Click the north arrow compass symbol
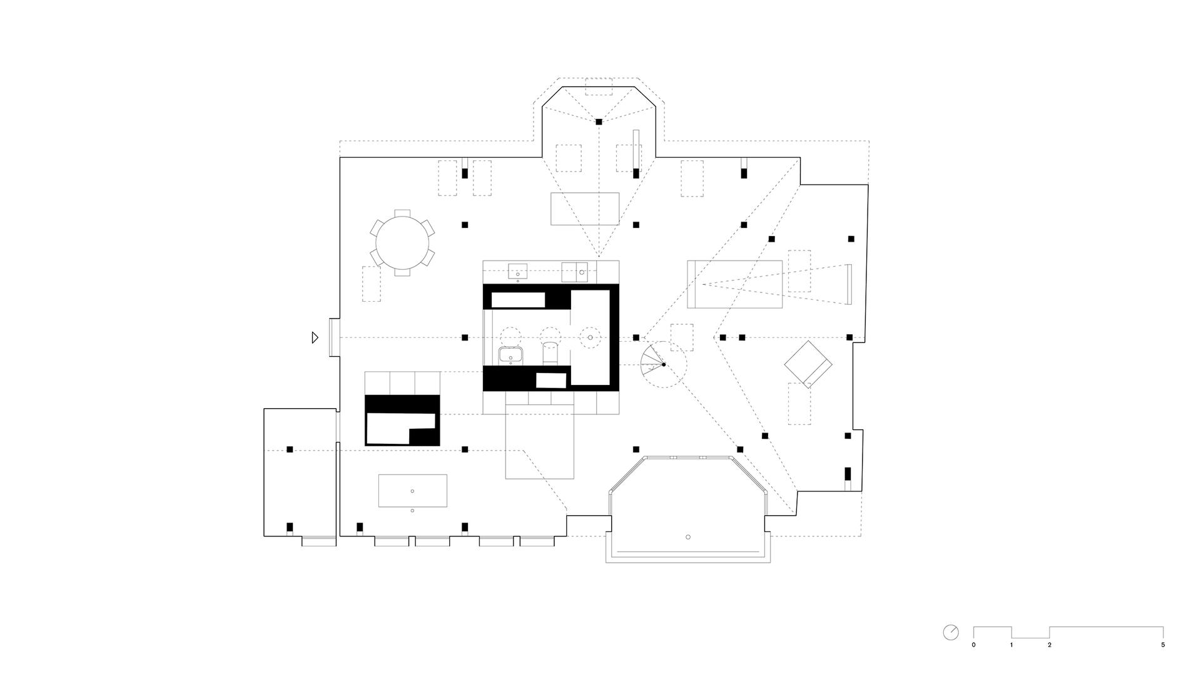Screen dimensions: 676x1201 pyautogui.click(x=950, y=632)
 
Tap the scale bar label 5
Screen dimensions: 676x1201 pyautogui.click(x=1163, y=645)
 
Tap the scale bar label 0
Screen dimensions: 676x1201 pyautogui.click(x=973, y=645)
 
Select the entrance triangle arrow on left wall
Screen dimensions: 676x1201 pyautogui.click(x=315, y=337)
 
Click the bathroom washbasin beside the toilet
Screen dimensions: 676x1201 pyautogui.click(x=511, y=356)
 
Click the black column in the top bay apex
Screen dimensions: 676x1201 pyautogui.click(x=599, y=121)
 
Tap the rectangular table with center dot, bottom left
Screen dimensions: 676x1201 pyautogui.click(x=412, y=491)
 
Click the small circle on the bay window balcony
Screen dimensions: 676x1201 pyautogui.click(x=688, y=537)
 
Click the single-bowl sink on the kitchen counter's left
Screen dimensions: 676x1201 pyautogui.click(x=517, y=272)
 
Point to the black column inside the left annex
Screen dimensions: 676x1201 pyautogui.click(x=290, y=449)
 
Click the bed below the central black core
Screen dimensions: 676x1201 pyautogui.click(x=539, y=441)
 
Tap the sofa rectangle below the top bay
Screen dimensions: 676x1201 pyautogui.click(x=585, y=208)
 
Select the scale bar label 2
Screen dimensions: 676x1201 pyautogui.click(x=1050, y=645)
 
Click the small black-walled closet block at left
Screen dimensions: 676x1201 pyautogui.click(x=402, y=420)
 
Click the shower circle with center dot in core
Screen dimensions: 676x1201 pyautogui.click(x=590, y=338)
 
